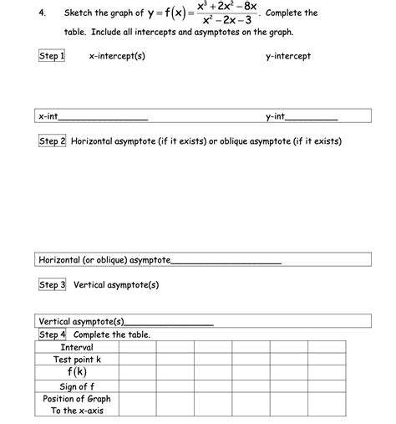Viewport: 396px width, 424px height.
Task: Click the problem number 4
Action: [43, 13]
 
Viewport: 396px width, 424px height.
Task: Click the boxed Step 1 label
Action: [52, 56]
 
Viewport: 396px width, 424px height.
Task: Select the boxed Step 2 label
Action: [52, 141]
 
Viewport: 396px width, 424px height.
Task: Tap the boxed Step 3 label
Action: [52, 284]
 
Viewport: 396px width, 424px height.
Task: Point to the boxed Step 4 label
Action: [52, 335]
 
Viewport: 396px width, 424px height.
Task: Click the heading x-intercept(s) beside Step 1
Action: [117, 56]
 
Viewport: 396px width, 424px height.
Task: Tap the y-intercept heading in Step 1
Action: [287, 56]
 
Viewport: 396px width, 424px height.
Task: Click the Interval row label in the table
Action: [77, 347]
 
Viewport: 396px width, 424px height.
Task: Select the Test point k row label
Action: [77, 360]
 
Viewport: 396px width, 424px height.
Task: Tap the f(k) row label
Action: [77, 372]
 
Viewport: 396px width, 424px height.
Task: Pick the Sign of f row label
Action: [77, 386]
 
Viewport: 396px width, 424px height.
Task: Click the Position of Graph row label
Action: [77, 399]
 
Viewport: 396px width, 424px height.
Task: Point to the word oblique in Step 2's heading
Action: [231, 141]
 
